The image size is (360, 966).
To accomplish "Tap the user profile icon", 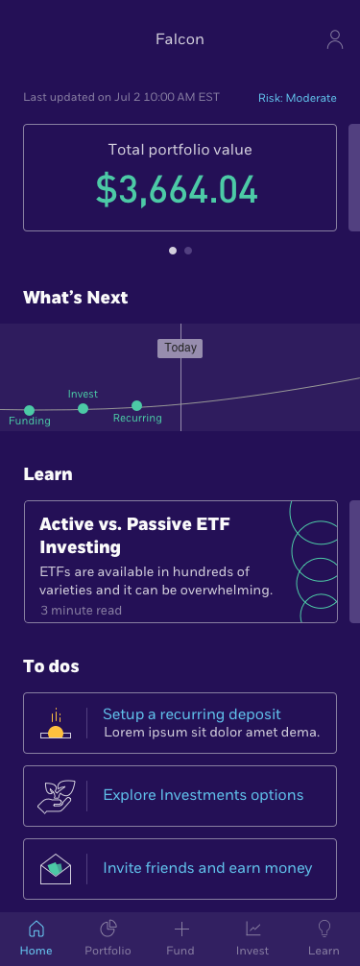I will [x=334, y=39].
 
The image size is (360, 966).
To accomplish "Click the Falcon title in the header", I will [x=180, y=39].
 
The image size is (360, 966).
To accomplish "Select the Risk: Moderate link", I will [x=297, y=98].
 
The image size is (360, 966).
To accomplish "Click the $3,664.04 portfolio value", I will [x=178, y=189].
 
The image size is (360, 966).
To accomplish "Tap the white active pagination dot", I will [x=173, y=251].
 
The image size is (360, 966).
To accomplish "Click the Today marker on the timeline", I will [x=180, y=348].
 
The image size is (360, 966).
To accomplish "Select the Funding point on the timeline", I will [x=29, y=411].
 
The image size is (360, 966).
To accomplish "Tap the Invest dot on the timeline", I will [x=83, y=408].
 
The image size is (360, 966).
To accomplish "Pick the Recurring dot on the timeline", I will [x=136, y=405].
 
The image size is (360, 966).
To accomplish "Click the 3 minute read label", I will [x=81, y=610].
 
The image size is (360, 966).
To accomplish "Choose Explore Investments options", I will [x=203, y=795].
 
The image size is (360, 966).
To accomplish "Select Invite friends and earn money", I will [x=207, y=868].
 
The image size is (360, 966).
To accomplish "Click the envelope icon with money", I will [x=56, y=869].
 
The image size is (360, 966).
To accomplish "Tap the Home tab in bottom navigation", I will [x=36, y=937].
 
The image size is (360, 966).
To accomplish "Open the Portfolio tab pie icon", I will [x=108, y=929].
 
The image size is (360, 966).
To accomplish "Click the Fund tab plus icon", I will [x=180, y=929].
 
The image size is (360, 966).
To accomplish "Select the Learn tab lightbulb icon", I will [x=324, y=929].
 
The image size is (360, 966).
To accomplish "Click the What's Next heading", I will [x=75, y=298].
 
